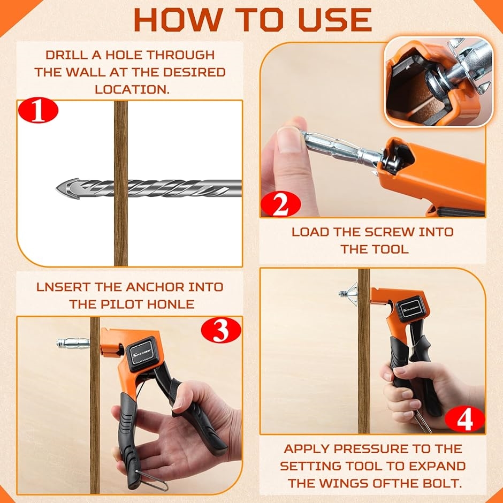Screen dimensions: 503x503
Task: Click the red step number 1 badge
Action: click(x=38, y=110)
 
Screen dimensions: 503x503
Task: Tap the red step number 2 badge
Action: click(x=281, y=204)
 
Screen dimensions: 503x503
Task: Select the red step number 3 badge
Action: click(x=221, y=330)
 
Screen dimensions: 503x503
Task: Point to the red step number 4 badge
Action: click(x=465, y=418)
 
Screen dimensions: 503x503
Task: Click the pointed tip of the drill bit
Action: click(x=57, y=188)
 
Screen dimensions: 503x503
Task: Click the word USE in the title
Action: click(x=335, y=20)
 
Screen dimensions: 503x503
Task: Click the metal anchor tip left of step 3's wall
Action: click(x=73, y=343)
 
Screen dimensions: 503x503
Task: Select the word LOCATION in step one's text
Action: click(x=132, y=89)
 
